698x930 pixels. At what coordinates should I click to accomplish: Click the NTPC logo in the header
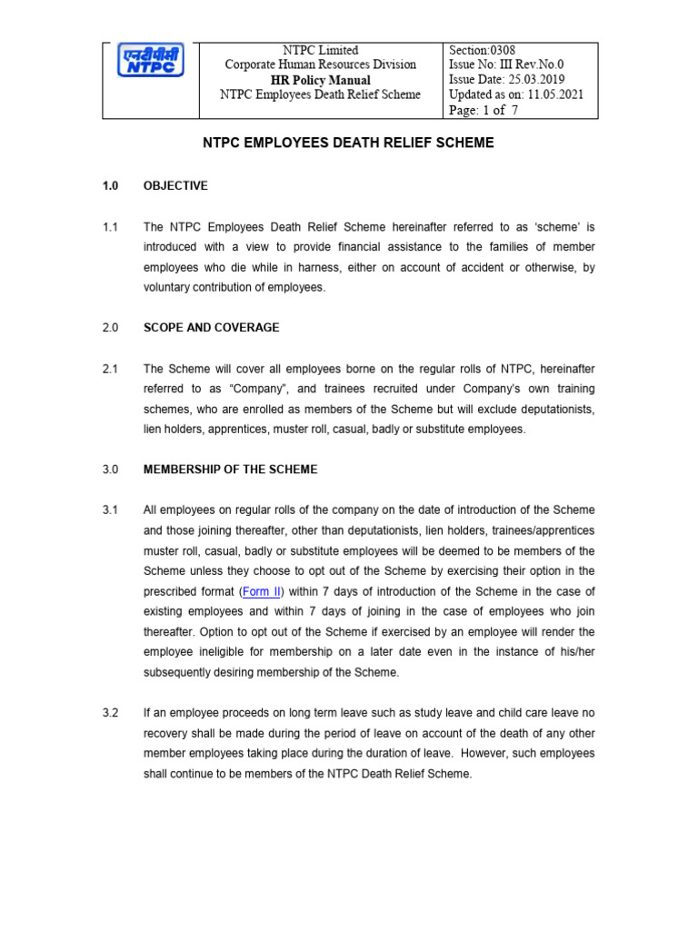[150, 62]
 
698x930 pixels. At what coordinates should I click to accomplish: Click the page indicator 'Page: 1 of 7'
[489, 111]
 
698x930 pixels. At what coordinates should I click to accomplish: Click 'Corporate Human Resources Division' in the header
[321, 64]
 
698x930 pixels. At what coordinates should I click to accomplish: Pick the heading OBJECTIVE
[175, 186]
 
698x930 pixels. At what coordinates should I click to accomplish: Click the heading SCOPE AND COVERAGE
[212, 327]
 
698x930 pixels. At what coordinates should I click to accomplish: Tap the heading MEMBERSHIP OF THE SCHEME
[231, 469]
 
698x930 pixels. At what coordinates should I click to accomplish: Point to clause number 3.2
[111, 713]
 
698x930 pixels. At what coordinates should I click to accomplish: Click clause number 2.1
[111, 368]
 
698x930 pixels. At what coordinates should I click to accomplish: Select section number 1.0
[111, 186]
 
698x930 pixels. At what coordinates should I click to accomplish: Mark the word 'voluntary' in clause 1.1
[167, 287]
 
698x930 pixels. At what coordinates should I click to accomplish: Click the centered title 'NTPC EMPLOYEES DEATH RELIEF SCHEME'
[347, 143]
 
